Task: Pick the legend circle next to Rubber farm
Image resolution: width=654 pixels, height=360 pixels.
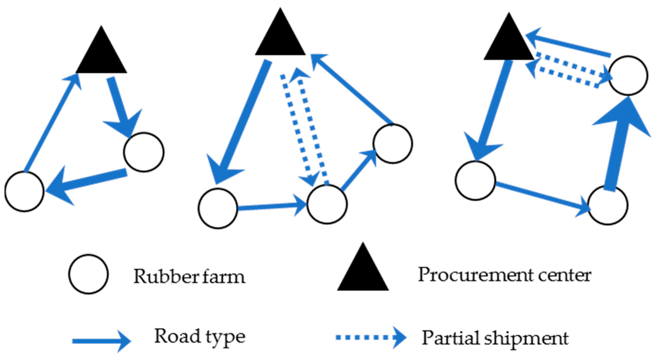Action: click(x=88, y=274)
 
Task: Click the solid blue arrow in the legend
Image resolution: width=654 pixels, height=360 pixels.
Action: click(x=101, y=341)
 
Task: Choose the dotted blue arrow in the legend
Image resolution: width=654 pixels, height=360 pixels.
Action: click(x=371, y=337)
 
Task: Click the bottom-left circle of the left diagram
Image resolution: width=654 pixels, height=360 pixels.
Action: click(x=24, y=191)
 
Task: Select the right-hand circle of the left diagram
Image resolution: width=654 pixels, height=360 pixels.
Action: click(x=144, y=152)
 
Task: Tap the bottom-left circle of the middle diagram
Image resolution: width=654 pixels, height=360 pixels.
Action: click(x=218, y=208)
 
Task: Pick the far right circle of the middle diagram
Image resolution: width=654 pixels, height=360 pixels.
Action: click(x=393, y=144)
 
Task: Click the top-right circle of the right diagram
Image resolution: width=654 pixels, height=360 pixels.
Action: click(x=628, y=75)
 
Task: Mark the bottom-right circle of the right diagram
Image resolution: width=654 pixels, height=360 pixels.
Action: click(x=608, y=205)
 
